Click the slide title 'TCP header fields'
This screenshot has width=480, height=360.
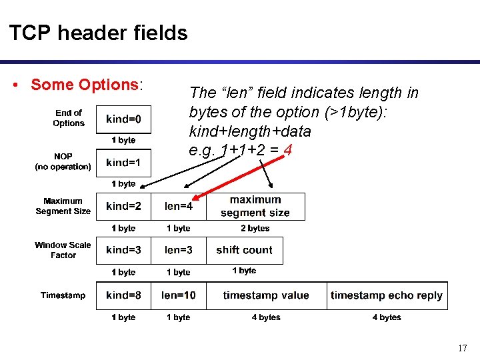pos(99,33)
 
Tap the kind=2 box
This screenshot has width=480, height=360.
pos(124,207)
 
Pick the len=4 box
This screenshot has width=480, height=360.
pos(179,207)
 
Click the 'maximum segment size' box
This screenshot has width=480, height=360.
pos(255,207)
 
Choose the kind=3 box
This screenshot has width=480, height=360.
pos(124,250)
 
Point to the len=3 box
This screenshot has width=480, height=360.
pos(179,250)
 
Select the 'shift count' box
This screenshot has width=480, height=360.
pos(244,250)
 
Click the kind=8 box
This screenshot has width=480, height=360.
pos(124,295)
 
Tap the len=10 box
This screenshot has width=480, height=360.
pos(179,295)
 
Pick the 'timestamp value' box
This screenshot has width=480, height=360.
pos(266,295)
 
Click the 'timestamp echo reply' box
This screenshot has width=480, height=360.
pos(387,295)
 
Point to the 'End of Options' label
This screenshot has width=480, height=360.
pos(69,118)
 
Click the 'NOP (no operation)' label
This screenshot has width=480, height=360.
pos(63,161)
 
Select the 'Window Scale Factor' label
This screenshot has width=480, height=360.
pos(63,250)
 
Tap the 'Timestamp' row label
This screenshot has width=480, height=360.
pos(63,295)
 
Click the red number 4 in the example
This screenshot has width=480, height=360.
pos(287,150)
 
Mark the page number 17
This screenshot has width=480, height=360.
pos(463,348)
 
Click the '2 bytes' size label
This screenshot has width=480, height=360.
pos(255,228)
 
